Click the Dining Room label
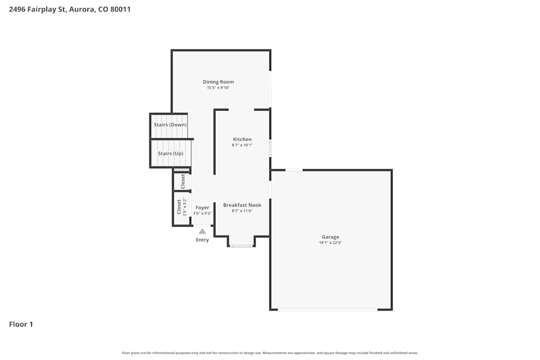[x=218, y=82]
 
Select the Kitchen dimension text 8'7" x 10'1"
[x=242, y=145]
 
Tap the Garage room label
[x=330, y=237]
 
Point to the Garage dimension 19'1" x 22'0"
[x=330, y=243]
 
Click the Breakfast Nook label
[x=242, y=205]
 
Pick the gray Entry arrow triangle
[x=202, y=231]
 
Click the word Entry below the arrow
[x=202, y=240]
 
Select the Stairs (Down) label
[x=170, y=125]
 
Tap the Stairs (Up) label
[x=170, y=153]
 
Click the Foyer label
[x=202, y=208]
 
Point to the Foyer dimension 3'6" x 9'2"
[x=202, y=213]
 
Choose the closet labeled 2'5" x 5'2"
[x=181, y=208]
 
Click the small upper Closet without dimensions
[x=183, y=181]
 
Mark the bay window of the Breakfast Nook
[x=241, y=246]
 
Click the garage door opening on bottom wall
[x=328, y=309]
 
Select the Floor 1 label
[x=21, y=324]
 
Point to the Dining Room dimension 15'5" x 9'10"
[x=218, y=87]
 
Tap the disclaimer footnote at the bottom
[x=270, y=353]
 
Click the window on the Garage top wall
[x=294, y=170]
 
